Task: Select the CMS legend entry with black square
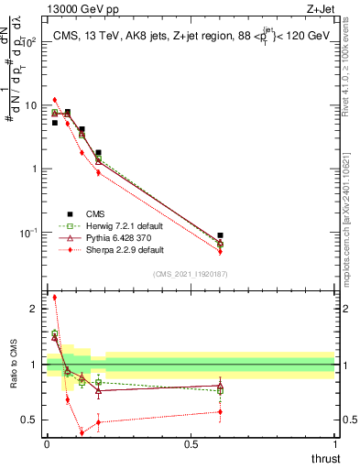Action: click(70, 213)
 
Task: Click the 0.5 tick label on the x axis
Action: click(191, 444)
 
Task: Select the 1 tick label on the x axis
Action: click(335, 444)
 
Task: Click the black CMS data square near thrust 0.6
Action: click(220, 235)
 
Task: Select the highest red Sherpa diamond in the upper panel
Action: click(55, 100)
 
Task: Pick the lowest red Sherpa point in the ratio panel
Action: click(82, 432)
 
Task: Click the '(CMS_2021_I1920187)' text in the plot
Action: click(190, 274)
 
